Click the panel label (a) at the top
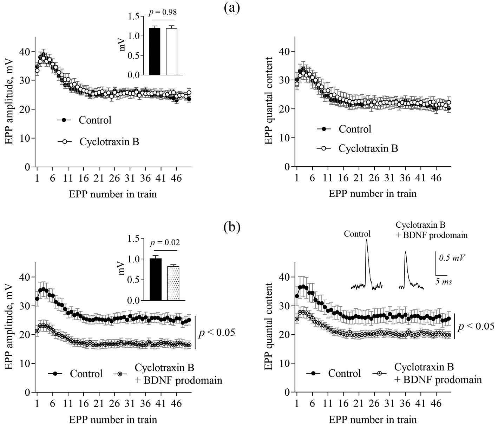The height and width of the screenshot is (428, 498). point(232,7)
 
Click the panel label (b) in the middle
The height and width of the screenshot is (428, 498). point(232,227)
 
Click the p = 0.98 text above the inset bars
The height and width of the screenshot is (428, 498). point(163,12)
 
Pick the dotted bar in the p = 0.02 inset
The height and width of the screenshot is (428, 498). point(173,283)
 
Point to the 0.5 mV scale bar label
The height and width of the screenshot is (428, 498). point(452,257)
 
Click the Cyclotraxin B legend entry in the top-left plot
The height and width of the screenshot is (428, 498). point(109,142)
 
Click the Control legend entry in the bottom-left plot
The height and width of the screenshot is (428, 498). point(86,374)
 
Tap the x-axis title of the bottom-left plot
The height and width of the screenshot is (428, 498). point(113,420)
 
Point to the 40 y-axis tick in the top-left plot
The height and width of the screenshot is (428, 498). point(26,52)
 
